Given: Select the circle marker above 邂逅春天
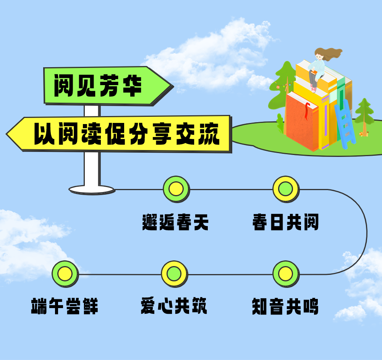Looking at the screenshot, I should [x=176, y=189].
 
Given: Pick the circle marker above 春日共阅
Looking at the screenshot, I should [x=286, y=189].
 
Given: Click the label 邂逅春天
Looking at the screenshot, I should [x=175, y=222].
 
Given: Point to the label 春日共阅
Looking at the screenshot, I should [x=285, y=222].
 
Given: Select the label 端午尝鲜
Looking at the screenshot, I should [x=65, y=307].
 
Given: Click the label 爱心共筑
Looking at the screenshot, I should [x=174, y=307].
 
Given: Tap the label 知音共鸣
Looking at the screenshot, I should [x=285, y=307].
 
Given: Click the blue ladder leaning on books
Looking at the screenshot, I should [x=345, y=122].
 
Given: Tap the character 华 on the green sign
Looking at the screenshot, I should [x=132, y=86].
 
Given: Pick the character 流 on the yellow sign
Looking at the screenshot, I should [x=209, y=134].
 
